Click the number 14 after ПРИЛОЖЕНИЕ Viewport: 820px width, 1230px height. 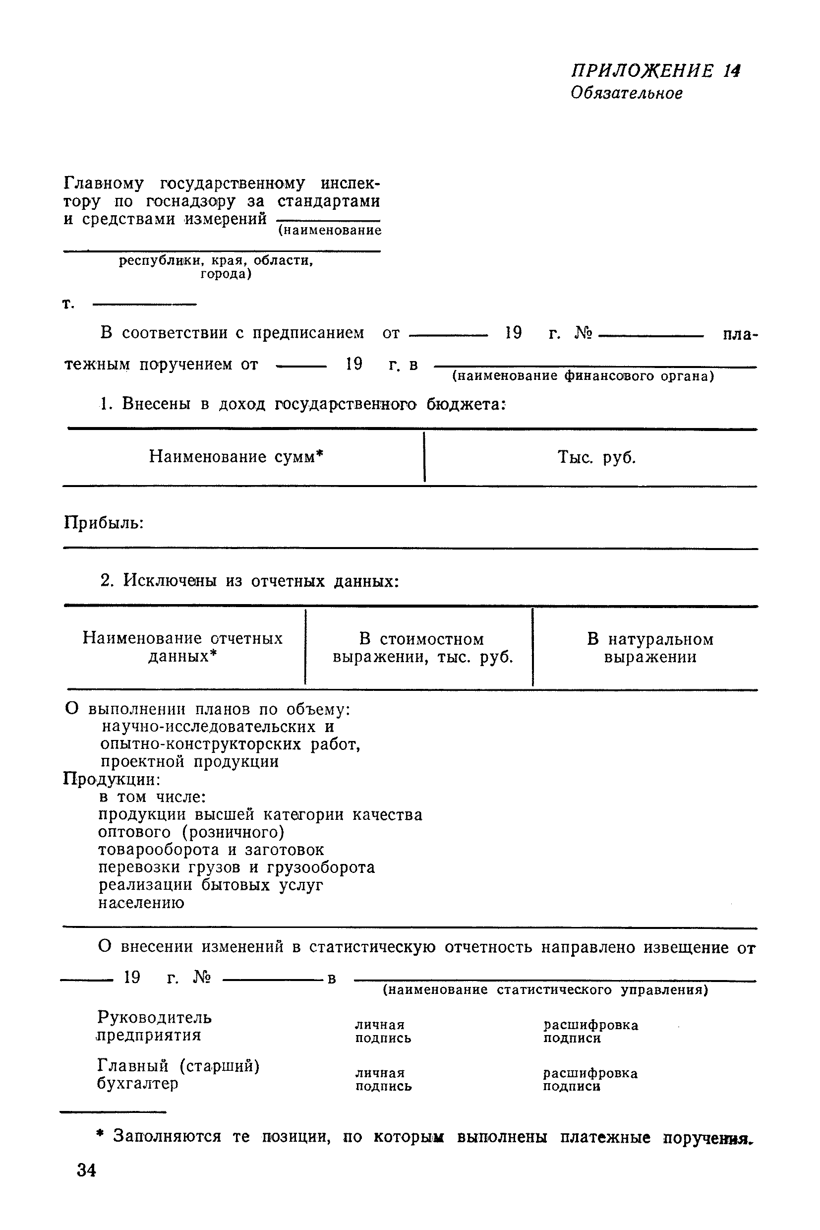point(733,71)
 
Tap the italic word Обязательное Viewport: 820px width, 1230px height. point(627,94)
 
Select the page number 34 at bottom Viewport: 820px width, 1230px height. point(86,1170)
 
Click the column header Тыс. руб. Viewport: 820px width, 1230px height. point(596,458)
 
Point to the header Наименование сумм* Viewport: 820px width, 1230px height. point(236,457)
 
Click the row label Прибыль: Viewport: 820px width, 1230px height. point(104,523)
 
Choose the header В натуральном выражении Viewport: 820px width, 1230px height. point(650,648)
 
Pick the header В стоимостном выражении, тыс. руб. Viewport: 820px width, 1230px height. point(422,648)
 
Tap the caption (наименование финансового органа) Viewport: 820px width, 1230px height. point(583,376)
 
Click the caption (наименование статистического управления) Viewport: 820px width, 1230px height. point(545,990)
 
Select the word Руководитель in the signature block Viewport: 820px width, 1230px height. point(155,1018)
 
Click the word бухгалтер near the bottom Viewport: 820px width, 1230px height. point(137,1084)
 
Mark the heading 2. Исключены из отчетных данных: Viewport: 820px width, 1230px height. point(249,581)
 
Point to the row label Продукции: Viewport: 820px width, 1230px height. point(112,780)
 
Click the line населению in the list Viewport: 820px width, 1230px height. point(141,903)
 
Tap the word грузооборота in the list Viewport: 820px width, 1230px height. point(321,867)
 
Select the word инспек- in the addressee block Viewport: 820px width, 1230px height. point(351,184)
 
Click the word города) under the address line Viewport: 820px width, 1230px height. point(226,274)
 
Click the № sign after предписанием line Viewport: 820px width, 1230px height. point(583,333)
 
